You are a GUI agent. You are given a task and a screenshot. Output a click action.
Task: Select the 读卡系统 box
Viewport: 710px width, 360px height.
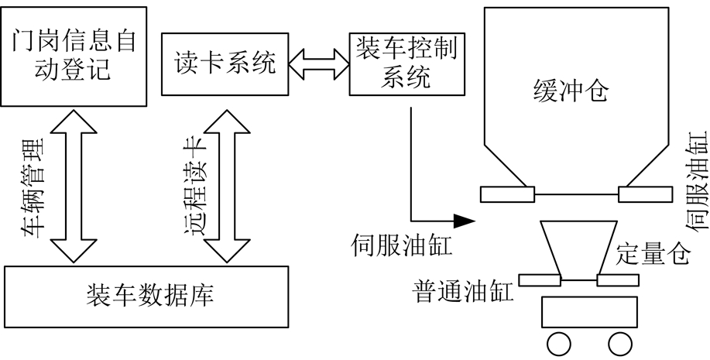coord(221,63)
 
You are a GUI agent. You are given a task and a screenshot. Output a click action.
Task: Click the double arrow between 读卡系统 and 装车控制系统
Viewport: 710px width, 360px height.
coord(318,64)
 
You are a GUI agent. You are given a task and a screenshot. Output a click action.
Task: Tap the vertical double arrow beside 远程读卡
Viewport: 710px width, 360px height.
coord(225,186)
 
